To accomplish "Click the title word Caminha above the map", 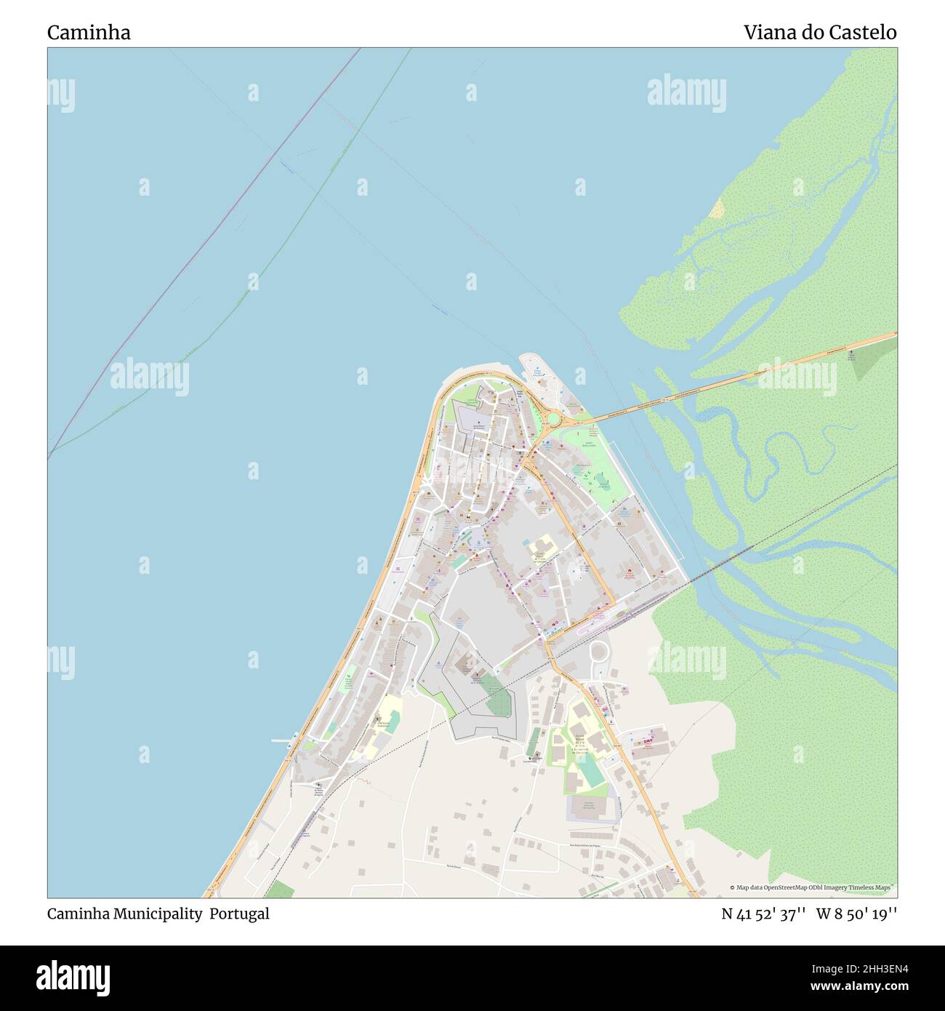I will click(89, 33).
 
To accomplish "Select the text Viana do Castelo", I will click(819, 33).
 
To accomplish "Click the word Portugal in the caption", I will click(239, 914).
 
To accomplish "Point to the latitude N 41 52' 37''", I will click(763, 914).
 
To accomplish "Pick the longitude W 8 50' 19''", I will click(856, 914).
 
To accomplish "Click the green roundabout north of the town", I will click(553, 420).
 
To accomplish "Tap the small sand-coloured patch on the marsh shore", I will click(717, 209).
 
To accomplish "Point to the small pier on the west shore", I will click(281, 741).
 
